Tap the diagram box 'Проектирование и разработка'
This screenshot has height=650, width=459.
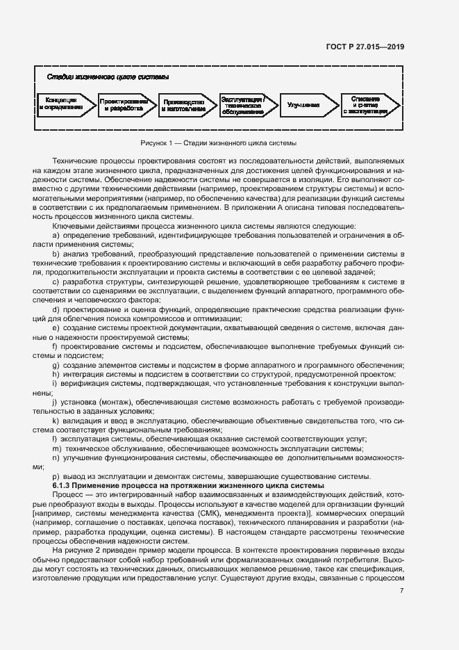pos(125,104)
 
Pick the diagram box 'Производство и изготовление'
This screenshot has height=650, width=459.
pos(184,104)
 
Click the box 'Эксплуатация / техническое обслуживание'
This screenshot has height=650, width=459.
pos(244,104)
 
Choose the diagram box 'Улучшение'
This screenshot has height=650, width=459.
pos(303,105)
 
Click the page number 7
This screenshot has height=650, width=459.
pos(401,591)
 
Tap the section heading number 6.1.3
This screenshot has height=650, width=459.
pos(64,485)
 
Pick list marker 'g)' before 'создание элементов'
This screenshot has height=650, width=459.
pos(56,366)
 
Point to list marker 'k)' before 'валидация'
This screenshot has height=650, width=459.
pos(56,421)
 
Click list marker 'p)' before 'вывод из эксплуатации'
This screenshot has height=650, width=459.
pos(56,476)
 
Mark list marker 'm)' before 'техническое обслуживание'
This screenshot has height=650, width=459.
pos(57,448)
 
